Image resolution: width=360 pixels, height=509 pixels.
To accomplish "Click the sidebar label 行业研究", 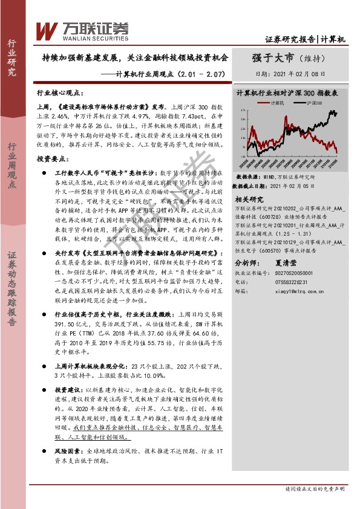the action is [12, 58].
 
